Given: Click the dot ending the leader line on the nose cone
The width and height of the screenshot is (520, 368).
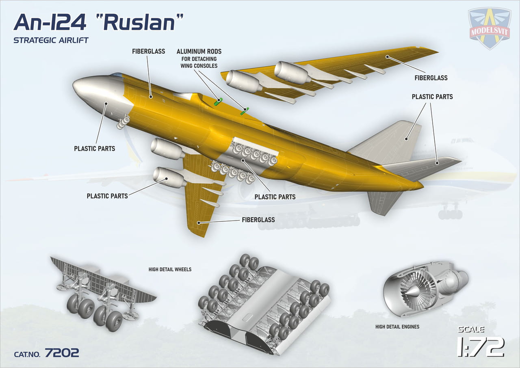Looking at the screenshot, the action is [x=106, y=104].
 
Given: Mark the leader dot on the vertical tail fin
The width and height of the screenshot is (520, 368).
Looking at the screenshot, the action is [x=406, y=139].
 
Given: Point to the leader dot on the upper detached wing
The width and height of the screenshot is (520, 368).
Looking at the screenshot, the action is [x=387, y=56].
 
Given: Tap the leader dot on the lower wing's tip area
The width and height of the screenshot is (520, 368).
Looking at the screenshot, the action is [x=199, y=223].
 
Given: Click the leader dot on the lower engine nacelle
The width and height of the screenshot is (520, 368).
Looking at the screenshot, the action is [x=167, y=178].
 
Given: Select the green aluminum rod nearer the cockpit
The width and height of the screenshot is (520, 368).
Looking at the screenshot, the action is [x=218, y=102].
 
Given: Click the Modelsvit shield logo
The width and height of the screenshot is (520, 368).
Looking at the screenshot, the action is [x=490, y=28].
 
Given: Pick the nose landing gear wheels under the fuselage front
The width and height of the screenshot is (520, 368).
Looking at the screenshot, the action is [x=123, y=121].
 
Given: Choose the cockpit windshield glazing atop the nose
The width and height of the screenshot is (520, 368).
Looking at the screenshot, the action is [x=116, y=75].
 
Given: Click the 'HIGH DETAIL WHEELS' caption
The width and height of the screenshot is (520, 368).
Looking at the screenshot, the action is [x=170, y=269].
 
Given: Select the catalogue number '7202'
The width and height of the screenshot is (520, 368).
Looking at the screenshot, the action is [x=62, y=353].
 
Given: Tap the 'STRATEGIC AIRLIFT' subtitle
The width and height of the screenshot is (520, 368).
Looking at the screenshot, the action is [x=51, y=40].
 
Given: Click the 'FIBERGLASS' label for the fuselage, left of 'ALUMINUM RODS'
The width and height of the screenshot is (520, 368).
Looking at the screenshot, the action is [x=149, y=51].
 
